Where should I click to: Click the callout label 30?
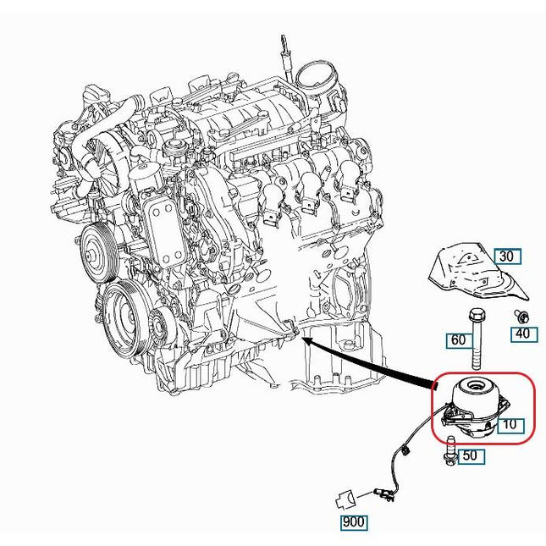click(x=508, y=256)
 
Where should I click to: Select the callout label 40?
click(x=524, y=334)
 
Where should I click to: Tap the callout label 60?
click(x=460, y=340)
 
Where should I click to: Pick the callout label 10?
click(x=510, y=424)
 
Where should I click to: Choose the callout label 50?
click(x=472, y=455)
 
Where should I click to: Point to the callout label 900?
click(x=353, y=522)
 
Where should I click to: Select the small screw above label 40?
click(x=522, y=317)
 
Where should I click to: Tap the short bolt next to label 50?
click(x=449, y=449)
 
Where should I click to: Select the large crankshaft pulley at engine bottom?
click(x=126, y=319)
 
